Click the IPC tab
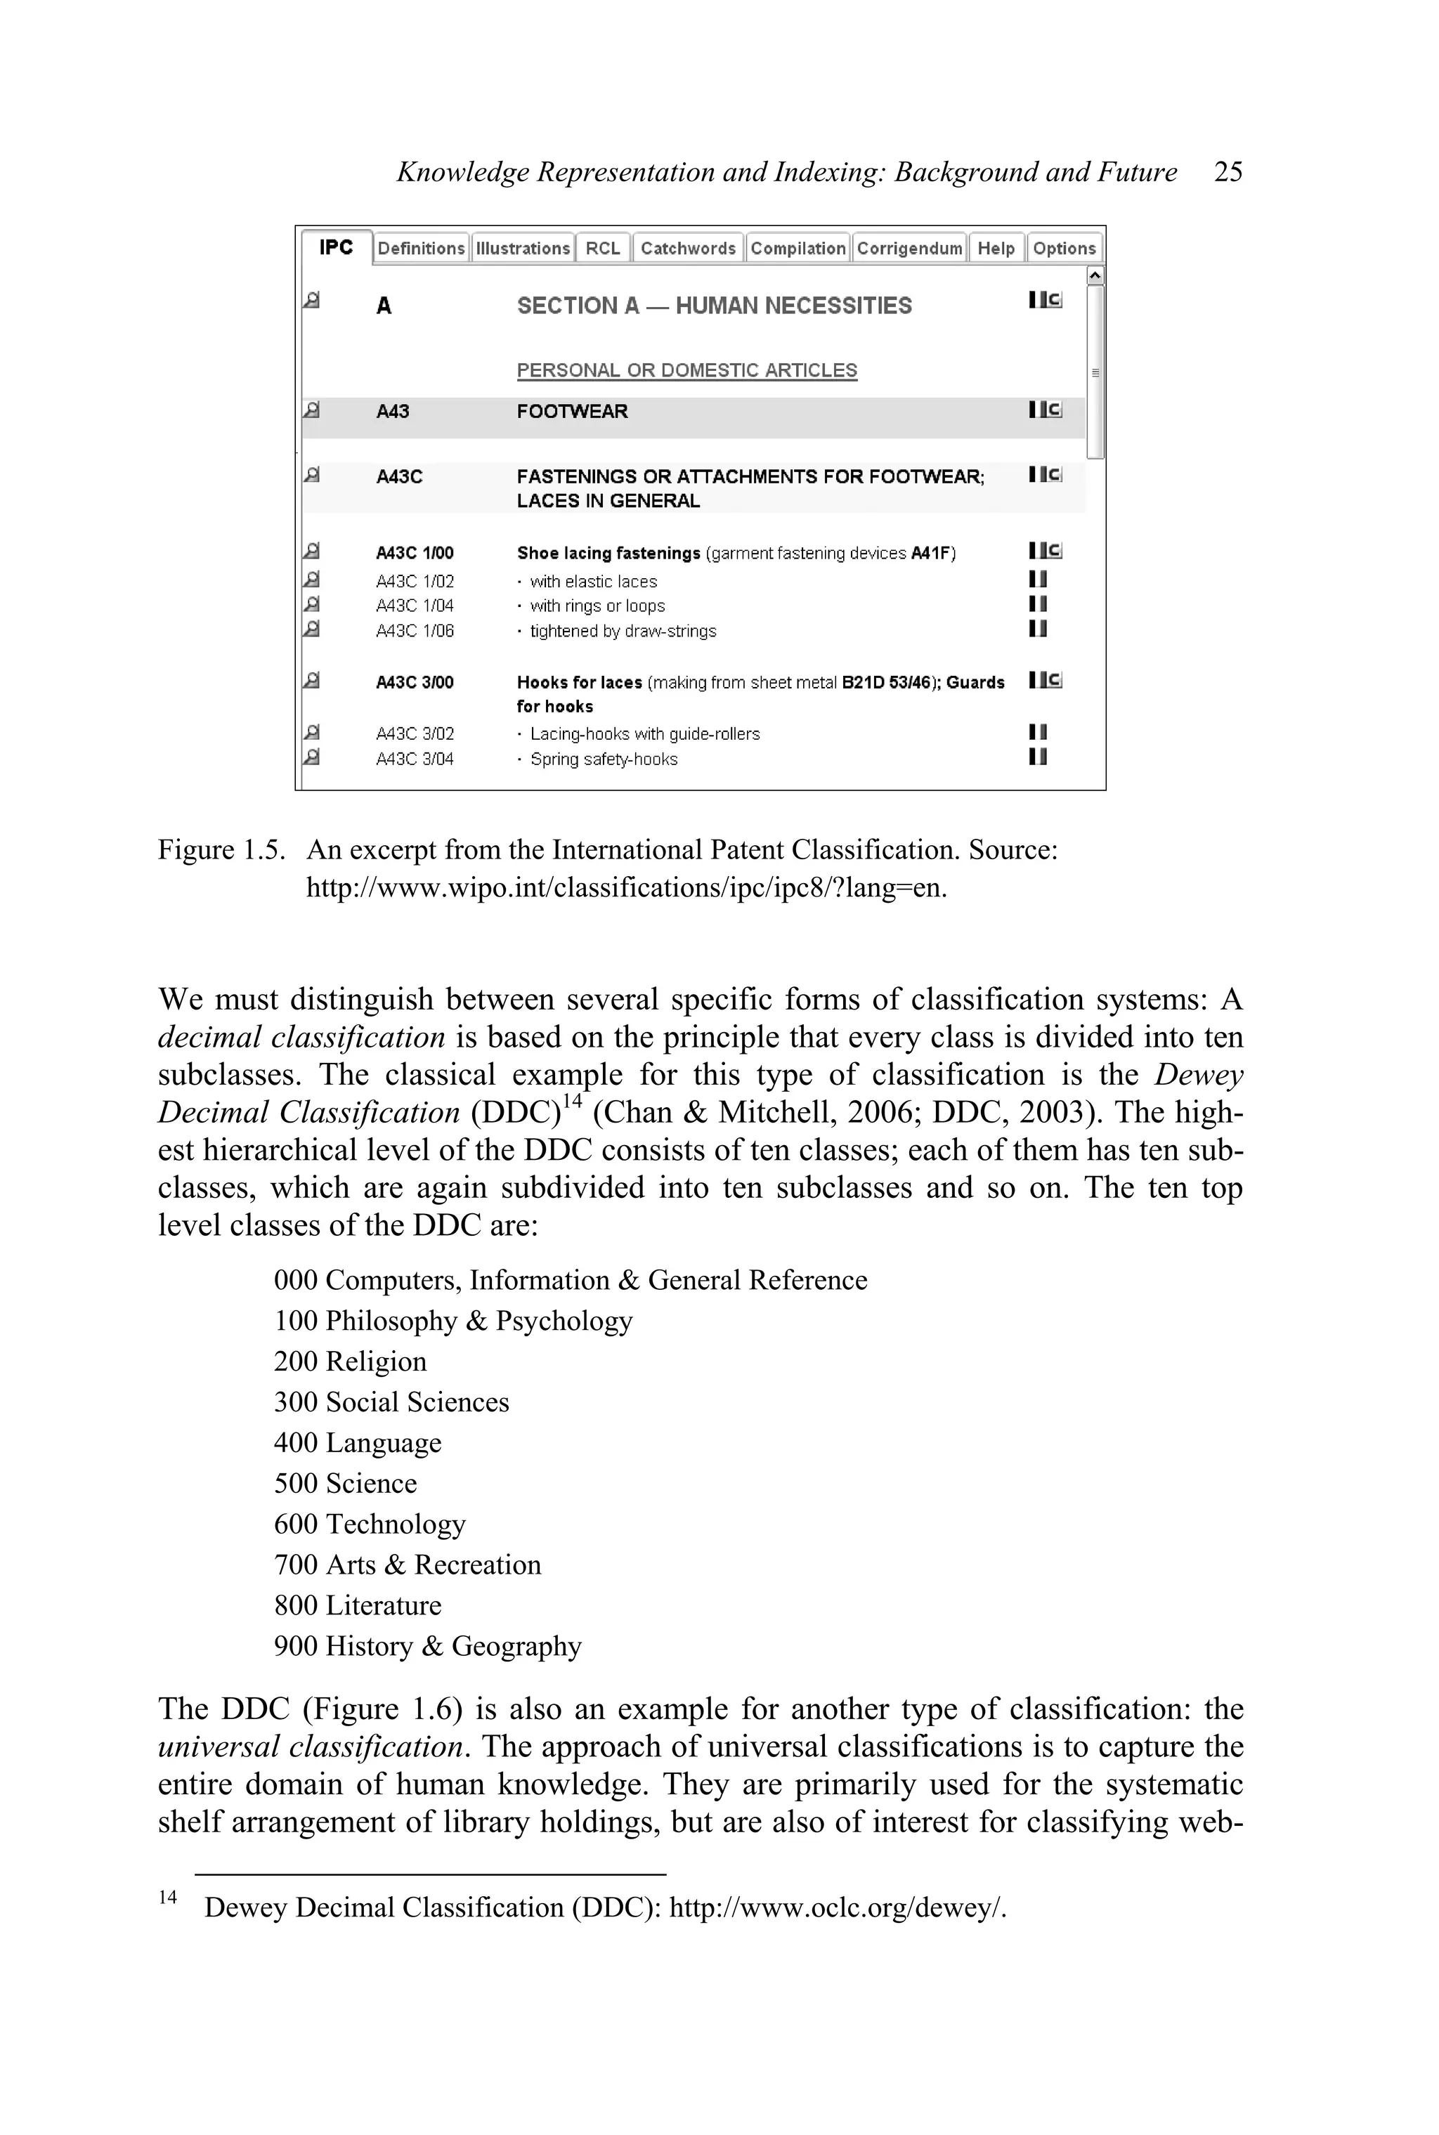pos(336,248)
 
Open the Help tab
pos(996,249)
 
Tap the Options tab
pos(1064,249)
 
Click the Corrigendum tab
pos(909,249)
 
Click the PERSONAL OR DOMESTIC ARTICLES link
pos(686,371)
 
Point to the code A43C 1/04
pos(415,606)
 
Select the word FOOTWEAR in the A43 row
pos(572,412)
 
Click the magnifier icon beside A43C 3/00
pos(312,681)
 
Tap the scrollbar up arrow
pos(1094,275)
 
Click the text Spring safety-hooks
pos(603,759)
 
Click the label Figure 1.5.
pos(220,851)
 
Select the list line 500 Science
pos(345,1484)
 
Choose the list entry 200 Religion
pos(350,1362)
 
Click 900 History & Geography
pos(428,1646)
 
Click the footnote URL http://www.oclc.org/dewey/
pos(837,1907)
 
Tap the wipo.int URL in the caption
pos(626,888)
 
